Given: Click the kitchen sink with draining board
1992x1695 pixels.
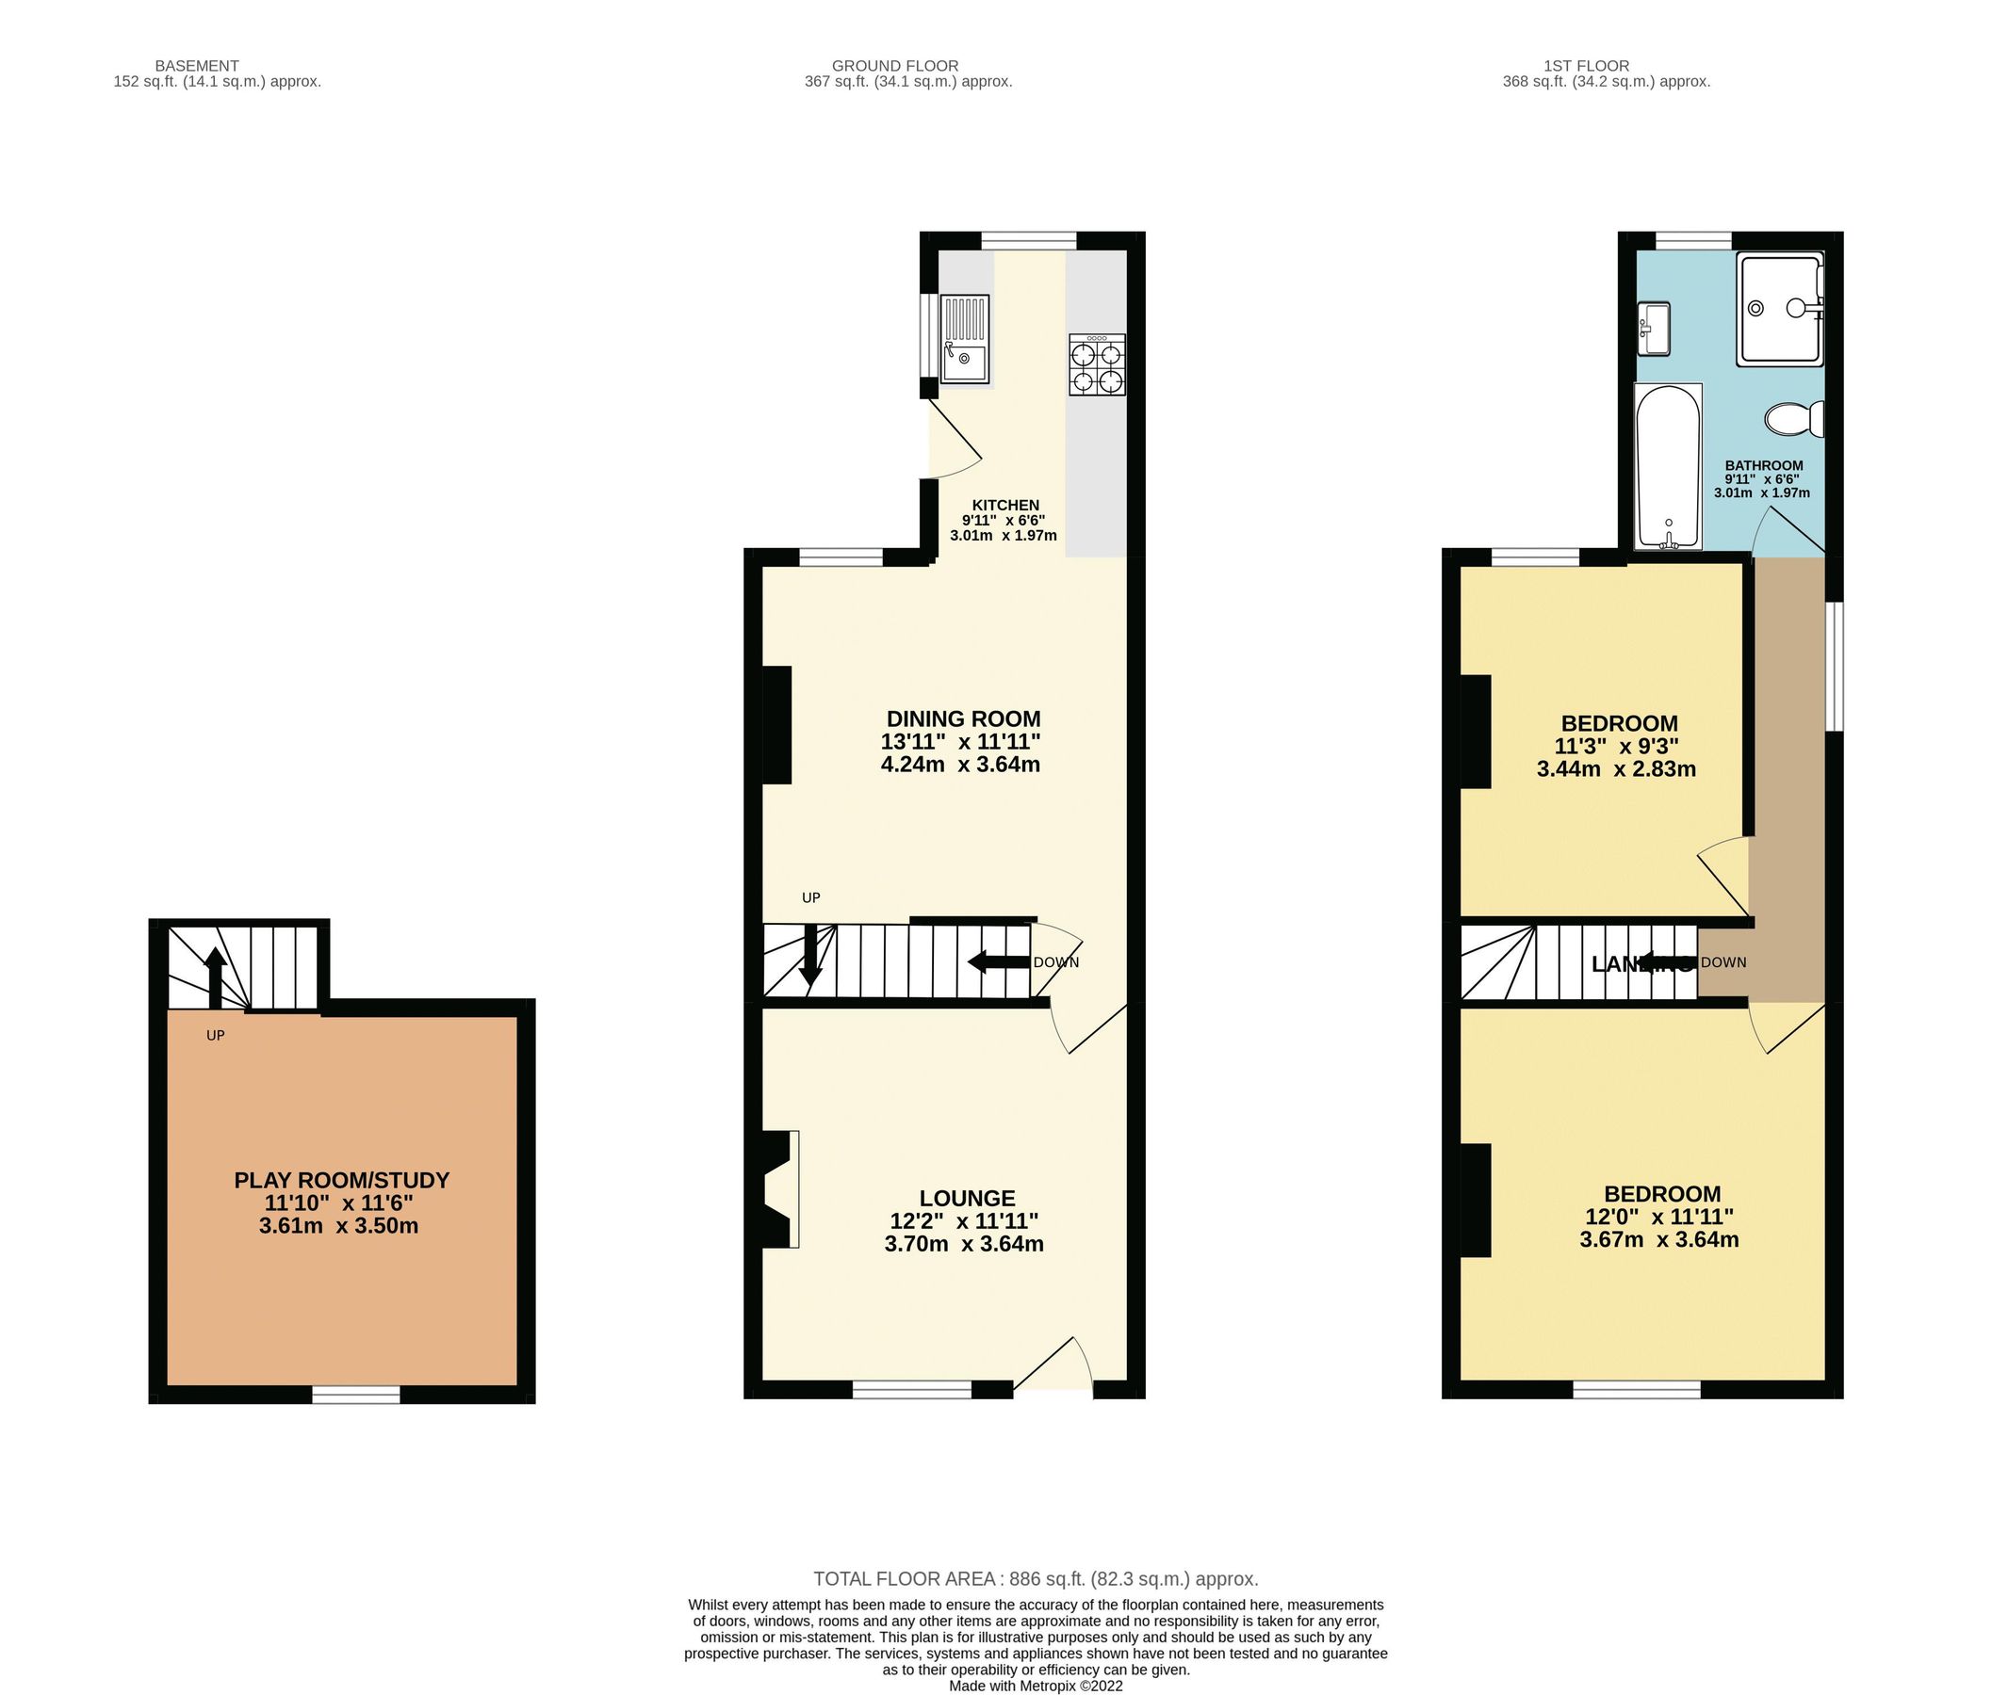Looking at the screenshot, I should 964,339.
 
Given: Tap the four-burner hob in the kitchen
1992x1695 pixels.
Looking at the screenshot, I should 1097,365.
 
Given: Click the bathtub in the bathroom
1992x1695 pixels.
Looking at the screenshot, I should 1668,467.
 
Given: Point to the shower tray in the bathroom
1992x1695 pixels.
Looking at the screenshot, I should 1780,309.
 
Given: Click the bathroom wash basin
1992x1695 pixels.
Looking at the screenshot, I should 1654,328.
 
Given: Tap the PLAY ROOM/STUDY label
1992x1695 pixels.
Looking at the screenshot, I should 341,1180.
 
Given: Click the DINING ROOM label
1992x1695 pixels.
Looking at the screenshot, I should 962,718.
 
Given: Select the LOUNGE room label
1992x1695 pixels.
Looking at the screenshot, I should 966,1198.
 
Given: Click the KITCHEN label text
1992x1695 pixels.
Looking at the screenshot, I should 1004,506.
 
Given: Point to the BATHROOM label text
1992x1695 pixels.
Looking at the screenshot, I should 1763,465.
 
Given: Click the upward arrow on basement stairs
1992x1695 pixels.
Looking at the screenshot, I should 216,975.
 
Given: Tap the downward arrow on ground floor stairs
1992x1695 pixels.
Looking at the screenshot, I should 810,953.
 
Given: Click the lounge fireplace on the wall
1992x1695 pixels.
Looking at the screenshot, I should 779,1189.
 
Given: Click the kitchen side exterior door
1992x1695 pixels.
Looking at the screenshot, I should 952,440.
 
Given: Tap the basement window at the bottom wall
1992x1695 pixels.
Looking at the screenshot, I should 356,1395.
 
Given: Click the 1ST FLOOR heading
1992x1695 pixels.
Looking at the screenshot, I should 1586,66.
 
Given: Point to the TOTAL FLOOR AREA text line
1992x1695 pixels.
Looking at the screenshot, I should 1036,1579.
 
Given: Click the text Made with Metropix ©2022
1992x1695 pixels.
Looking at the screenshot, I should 1036,1687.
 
